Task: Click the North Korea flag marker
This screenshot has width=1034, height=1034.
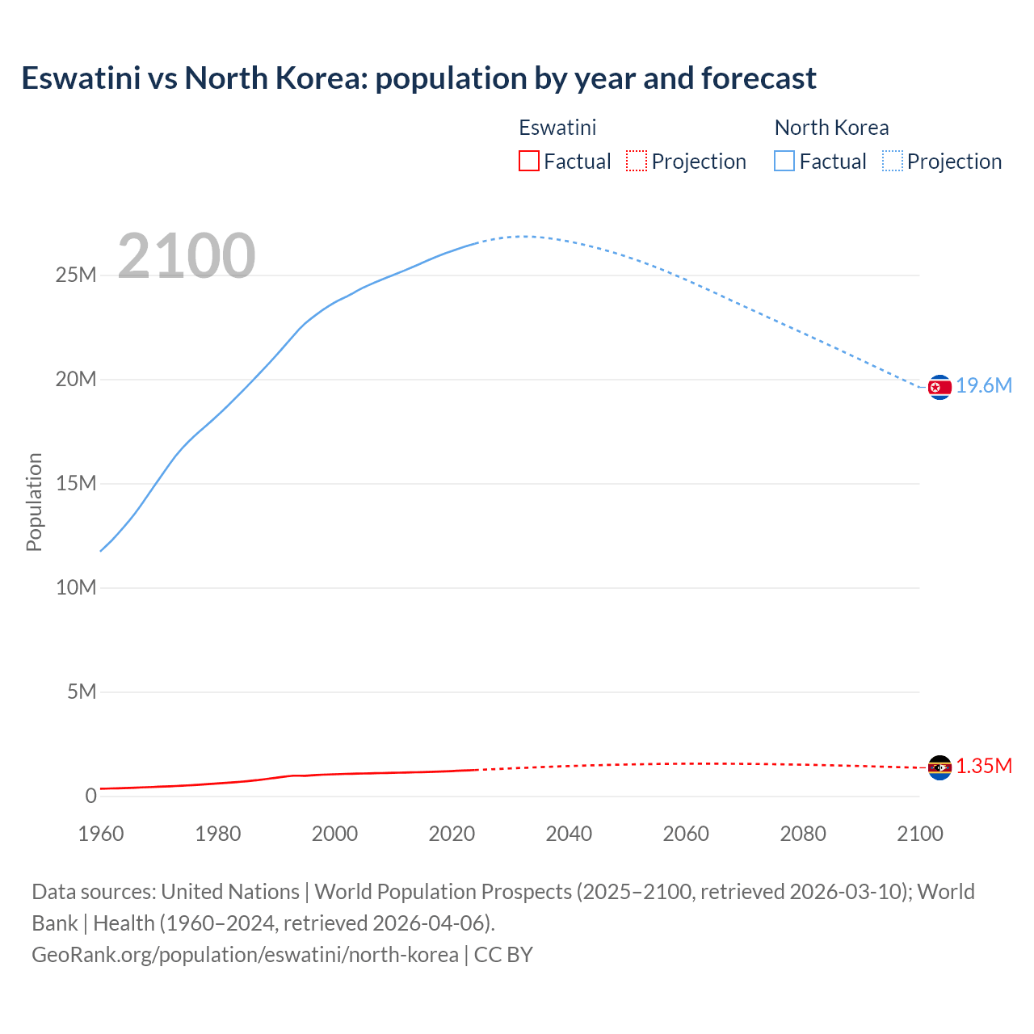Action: [x=939, y=387]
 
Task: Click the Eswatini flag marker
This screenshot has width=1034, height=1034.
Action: [x=939, y=767]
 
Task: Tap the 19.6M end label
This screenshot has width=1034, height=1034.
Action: [x=984, y=386]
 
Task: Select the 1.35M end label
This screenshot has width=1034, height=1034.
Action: [x=984, y=767]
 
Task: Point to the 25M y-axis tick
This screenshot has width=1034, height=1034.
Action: [x=76, y=275]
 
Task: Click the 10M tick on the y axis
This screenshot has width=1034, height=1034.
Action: [x=76, y=588]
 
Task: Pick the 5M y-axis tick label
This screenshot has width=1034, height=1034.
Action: [x=82, y=692]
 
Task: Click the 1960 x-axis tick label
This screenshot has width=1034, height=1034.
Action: [x=101, y=834]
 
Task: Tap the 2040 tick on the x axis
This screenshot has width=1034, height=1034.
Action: [x=569, y=834]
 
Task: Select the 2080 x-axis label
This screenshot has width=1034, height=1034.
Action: [x=803, y=834]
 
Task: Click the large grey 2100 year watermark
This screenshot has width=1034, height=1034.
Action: [x=187, y=256]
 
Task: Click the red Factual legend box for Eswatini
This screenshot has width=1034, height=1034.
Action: [x=529, y=161]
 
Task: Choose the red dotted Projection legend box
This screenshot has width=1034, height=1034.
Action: [x=637, y=161]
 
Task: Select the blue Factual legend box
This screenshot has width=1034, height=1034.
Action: [x=784, y=161]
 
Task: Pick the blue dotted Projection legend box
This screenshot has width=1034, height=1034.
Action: [x=893, y=161]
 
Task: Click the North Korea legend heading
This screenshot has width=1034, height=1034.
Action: [x=831, y=128]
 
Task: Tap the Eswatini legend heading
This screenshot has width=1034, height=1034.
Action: [x=557, y=128]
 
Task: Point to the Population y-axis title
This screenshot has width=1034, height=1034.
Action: [x=34, y=502]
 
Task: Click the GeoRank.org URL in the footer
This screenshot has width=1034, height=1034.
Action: [x=245, y=955]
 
